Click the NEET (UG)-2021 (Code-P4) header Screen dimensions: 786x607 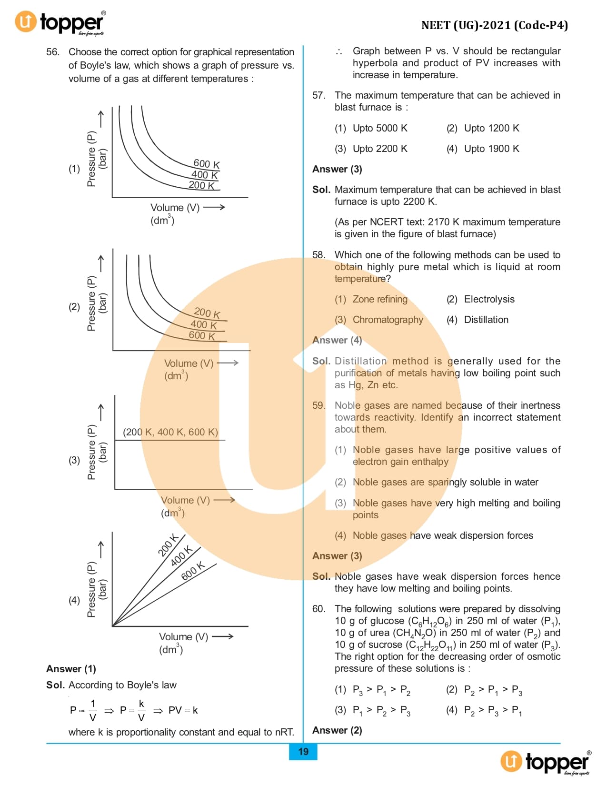(494, 25)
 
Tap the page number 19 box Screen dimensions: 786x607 (303, 751)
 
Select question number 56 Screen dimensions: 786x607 (52, 52)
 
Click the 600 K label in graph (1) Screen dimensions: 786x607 (207, 164)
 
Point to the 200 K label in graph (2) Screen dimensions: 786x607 (207, 313)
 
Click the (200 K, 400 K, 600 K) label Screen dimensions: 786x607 (170, 432)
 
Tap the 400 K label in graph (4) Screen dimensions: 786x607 (181, 555)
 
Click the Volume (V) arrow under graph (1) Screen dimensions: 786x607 (214, 207)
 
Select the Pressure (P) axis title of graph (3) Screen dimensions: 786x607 (91, 452)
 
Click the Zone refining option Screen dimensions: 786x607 (379, 299)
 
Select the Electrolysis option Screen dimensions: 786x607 (489, 299)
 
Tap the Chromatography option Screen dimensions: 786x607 (388, 320)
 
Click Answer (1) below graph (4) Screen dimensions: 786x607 (71, 669)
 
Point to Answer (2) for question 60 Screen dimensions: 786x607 (337, 730)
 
